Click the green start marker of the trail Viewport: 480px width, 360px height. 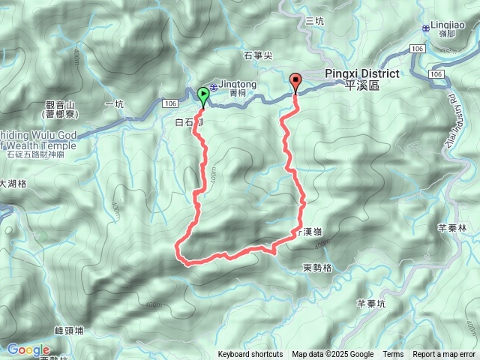(202, 94)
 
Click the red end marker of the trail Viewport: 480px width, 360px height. (295, 81)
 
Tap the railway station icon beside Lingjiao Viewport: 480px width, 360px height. (425, 28)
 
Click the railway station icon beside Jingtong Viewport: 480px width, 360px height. (214, 88)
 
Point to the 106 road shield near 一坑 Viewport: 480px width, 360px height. (170, 102)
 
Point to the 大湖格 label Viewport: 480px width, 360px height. (13, 183)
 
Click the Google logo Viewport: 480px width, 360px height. (28, 349)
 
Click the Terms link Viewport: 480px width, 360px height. (393, 355)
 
